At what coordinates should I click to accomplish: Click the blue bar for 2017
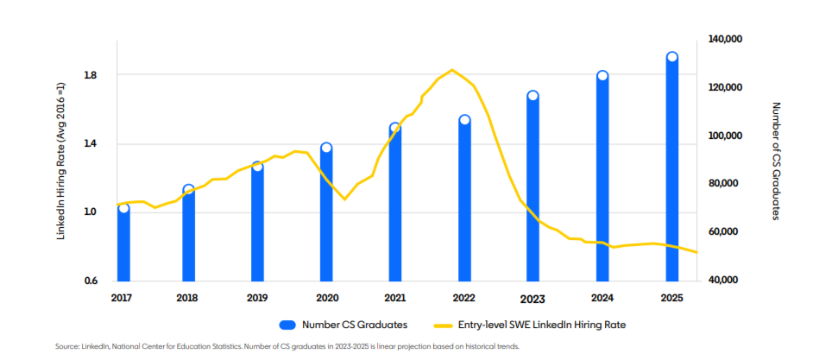[123, 245]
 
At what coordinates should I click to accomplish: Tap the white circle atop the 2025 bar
[671, 57]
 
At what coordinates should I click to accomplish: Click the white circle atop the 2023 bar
[532, 96]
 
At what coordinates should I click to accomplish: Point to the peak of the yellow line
[452, 70]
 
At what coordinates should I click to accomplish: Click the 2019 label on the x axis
[257, 298]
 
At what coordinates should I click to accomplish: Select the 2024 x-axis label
[602, 298]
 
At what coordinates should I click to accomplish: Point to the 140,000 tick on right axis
[727, 40]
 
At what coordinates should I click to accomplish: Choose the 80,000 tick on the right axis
[727, 184]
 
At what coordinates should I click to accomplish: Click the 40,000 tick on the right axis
[727, 281]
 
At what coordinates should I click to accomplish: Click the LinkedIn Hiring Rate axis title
[61, 161]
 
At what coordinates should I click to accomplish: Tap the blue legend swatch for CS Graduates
[287, 325]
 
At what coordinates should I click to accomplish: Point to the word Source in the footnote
[66, 346]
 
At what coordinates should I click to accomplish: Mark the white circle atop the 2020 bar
[326, 148]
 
